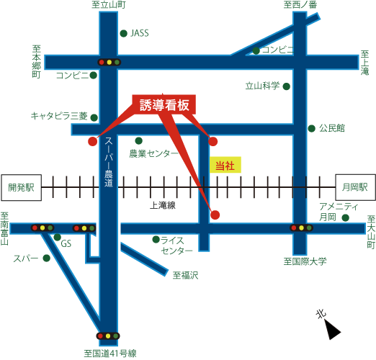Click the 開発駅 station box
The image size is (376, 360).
pyautogui.click(x=22, y=187)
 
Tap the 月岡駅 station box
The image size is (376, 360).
pyautogui.click(x=355, y=187)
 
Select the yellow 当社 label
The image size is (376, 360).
pyautogui.click(x=225, y=165)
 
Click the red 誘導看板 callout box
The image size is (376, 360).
pyautogui.click(x=164, y=104)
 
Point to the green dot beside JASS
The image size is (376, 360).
pyautogui.click(x=123, y=33)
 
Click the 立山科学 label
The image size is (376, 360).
pyautogui.click(x=262, y=86)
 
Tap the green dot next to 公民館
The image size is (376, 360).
pyautogui.click(x=311, y=128)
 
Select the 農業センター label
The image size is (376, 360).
pyautogui.click(x=154, y=153)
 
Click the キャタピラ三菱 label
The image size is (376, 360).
pyautogui.click(x=59, y=116)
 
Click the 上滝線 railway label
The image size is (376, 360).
pyautogui.click(x=163, y=205)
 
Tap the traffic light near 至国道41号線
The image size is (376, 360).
pyautogui.click(x=108, y=336)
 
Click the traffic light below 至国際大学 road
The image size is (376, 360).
pyautogui.click(x=301, y=228)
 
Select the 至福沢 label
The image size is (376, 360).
pyautogui.click(x=186, y=275)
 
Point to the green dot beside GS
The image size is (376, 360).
pyautogui.click(x=57, y=237)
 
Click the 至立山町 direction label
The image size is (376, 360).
pyautogui.click(x=109, y=4)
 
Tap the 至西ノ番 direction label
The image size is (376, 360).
pyautogui.click(x=300, y=4)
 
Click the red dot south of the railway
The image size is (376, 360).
pyautogui.click(x=215, y=215)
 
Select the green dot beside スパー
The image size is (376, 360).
pyautogui.click(x=46, y=258)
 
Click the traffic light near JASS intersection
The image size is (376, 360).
pyautogui.click(x=109, y=63)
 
